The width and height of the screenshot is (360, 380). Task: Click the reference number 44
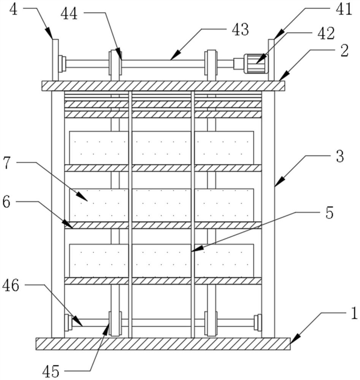coord(69,14)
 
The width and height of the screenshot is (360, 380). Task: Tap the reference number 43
coord(240,29)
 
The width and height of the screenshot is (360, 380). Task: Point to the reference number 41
coord(344,10)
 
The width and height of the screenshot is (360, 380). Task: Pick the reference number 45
coord(51,371)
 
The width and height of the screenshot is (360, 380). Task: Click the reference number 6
coord(6,201)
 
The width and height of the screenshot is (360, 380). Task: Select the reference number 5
coord(329,212)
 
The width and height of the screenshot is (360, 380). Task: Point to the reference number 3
coord(340,156)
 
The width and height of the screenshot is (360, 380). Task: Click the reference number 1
coord(354,313)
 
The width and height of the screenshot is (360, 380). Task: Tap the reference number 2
coord(344,51)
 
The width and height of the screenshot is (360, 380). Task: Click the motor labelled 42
coord(256,63)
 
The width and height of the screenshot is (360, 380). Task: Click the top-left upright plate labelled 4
coord(55,60)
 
